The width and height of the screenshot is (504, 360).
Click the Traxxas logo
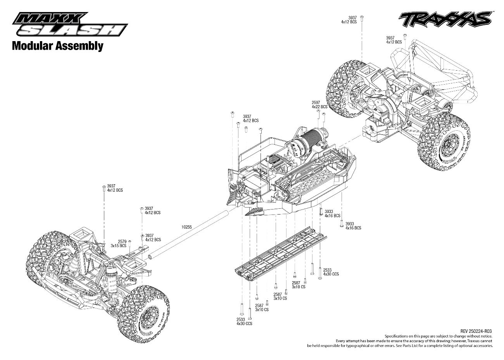pyautogui.click(x=445, y=19)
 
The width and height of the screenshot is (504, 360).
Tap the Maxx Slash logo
pyautogui.click(x=70, y=24)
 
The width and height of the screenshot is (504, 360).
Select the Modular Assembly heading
pyautogui.click(x=58, y=46)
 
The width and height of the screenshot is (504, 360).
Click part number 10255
pyautogui.click(x=186, y=227)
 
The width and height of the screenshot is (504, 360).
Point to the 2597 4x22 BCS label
pyautogui.click(x=319, y=105)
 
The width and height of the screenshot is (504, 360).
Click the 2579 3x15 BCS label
pyautogui.click(x=119, y=244)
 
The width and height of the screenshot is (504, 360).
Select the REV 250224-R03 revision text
pyautogui.click(x=476, y=331)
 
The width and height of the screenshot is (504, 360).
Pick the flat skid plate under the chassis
pyautogui.click(x=281, y=254)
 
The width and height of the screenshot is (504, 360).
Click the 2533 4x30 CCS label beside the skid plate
pyautogui.click(x=331, y=272)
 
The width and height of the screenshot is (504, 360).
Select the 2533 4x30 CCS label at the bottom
pyautogui.click(x=244, y=322)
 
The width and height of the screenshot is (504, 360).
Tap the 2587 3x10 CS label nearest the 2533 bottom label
pyautogui.click(x=262, y=308)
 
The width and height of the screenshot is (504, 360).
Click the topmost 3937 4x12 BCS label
pyautogui.click(x=349, y=20)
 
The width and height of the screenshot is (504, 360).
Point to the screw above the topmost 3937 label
pyautogui.click(x=362, y=18)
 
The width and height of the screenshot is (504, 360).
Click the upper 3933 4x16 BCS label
pyautogui.click(x=332, y=213)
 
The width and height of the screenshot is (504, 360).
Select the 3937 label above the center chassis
pyautogui.click(x=251, y=118)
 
